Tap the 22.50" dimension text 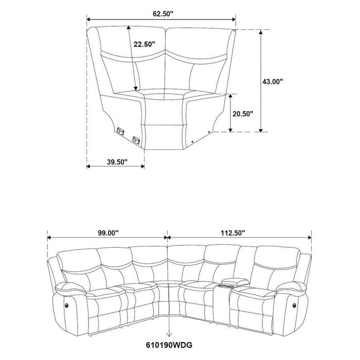coord(145,44)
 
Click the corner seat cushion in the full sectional coord(168,286)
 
